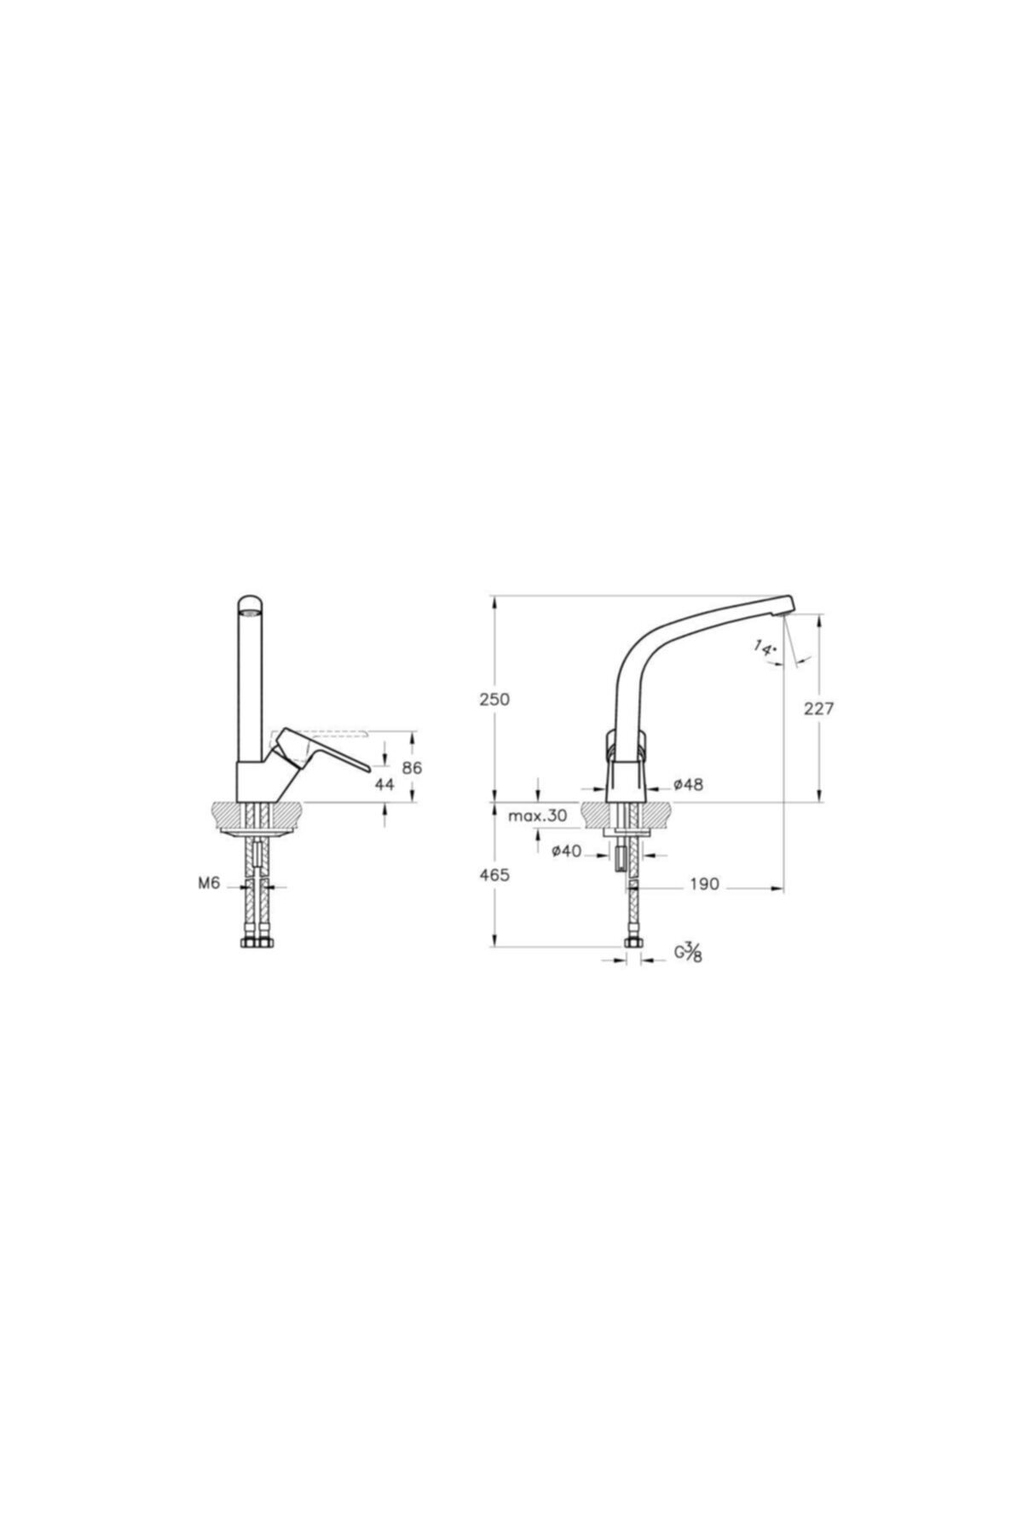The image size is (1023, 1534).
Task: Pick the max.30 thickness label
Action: pyautogui.click(x=537, y=816)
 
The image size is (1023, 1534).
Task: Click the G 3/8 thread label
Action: pyautogui.click(x=689, y=952)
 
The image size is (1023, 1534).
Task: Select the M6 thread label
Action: pyautogui.click(x=210, y=884)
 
